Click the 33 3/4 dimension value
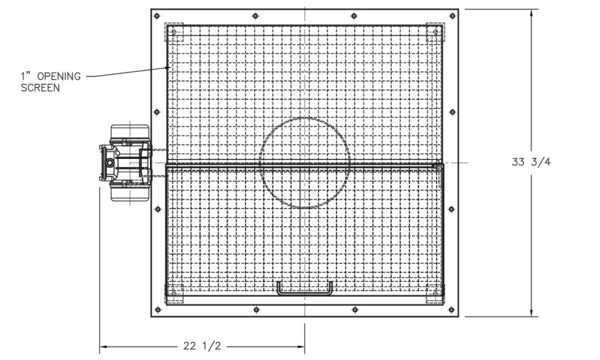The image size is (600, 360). pos(531,162)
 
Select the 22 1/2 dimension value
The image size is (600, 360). pos(202,346)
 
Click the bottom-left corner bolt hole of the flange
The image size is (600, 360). pos(156,310)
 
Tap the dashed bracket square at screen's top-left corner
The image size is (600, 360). pos(175,32)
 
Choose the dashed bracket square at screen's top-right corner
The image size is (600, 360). pos(434,32)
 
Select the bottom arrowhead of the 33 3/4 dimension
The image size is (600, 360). pos(531,315)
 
